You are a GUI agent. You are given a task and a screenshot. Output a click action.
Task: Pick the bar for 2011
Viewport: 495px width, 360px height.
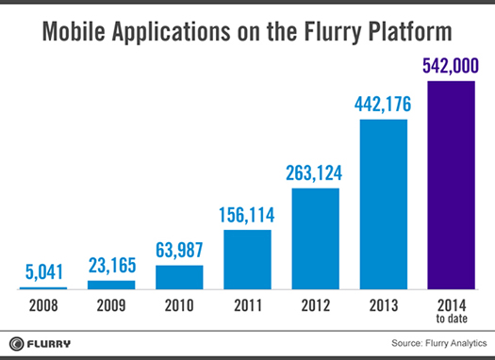pos(246,258)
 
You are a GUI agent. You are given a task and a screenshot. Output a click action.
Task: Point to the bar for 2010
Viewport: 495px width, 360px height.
pos(178,277)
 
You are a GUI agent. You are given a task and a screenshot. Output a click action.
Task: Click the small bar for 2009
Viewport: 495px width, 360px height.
pos(111,285)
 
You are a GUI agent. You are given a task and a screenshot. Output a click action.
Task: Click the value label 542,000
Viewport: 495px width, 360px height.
pos(451,67)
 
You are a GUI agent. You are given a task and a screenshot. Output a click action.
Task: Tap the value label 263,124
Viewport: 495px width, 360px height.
pos(314,174)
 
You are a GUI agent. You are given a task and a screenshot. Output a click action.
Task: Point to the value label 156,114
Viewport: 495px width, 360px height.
pos(246,215)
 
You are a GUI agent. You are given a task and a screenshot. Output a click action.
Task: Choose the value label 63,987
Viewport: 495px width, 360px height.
pos(178,251)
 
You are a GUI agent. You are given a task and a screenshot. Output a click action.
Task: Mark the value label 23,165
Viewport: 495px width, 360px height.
pos(111,267)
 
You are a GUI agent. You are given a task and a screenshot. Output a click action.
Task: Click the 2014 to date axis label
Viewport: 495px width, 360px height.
pos(451,310)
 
